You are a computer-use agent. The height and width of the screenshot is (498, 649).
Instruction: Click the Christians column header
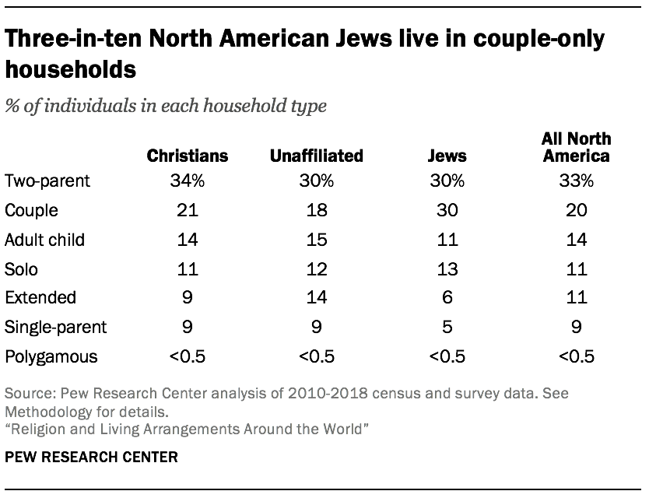coord(188,156)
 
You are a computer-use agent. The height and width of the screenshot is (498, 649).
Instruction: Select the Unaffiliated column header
coord(316,156)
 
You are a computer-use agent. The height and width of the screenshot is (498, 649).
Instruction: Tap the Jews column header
coord(447,156)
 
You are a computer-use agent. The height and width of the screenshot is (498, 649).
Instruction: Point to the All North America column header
coord(576,147)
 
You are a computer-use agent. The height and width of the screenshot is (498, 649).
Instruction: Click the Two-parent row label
coord(47,181)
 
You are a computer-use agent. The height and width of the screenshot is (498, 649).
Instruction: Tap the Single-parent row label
coord(54,327)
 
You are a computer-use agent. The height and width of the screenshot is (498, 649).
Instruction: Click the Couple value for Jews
coord(447,210)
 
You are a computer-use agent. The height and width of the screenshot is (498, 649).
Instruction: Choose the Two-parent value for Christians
coord(188,181)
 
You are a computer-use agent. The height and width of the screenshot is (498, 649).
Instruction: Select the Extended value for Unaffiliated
coord(316,297)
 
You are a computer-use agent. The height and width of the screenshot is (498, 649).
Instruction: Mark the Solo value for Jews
coord(447,268)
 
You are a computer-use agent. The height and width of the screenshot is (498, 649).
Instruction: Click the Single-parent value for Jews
coord(447,327)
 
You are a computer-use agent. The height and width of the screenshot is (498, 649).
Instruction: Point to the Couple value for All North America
coord(576,210)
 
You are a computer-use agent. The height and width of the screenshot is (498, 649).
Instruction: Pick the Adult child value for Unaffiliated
coord(316,240)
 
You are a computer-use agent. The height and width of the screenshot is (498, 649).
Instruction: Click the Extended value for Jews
coord(447,297)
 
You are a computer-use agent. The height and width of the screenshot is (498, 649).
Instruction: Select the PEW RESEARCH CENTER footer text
coord(91,457)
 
